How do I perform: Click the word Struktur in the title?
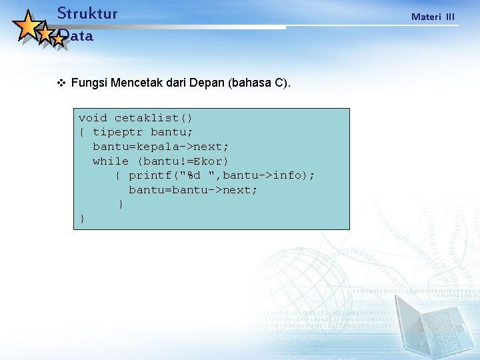[87, 13]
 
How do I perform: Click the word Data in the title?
[76, 36]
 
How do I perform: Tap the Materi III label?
[433, 16]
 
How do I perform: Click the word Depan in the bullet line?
[207, 83]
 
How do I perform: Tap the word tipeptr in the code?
[117, 132]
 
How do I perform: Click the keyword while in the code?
[111, 161]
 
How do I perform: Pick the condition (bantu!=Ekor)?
[183, 161]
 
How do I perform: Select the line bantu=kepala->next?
[161, 147]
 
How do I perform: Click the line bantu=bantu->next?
[193, 190]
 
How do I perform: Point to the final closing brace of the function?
[82, 219]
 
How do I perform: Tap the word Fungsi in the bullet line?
[90, 83]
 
